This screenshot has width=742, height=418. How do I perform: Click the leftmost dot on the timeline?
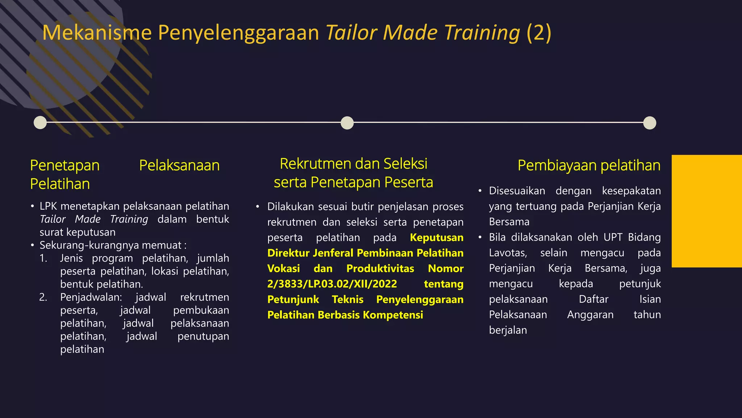coord(40,123)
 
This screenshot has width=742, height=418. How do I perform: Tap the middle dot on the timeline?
coord(347,123)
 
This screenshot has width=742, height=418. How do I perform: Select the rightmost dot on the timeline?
coord(650,123)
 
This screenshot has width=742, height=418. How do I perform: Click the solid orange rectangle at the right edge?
coord(706,211)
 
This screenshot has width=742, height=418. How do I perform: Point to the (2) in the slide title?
coord(539,33)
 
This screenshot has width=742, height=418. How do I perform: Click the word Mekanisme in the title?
coord(97,33)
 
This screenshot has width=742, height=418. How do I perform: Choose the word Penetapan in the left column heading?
coord(65,165)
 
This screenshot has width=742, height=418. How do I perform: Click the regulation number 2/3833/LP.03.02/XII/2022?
coord(332,284)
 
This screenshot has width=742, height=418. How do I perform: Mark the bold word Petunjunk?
coord(293,299)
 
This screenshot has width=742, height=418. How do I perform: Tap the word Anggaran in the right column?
coord(590,315)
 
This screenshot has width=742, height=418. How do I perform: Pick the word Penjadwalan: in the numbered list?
coord(91,297)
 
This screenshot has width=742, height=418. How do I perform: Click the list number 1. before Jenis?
coord(43,258)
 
